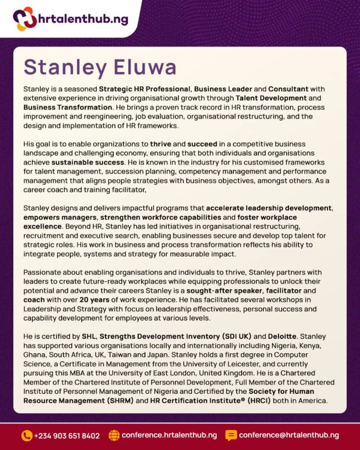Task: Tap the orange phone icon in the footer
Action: (x=26, y=435)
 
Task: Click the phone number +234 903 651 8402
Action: (x=67, y=436)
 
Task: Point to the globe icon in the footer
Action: (x=114, y=435)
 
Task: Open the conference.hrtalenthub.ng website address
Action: (x=169, y=435)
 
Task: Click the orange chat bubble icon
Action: (x=231, y=435)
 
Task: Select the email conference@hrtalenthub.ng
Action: (x=289, y=435)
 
